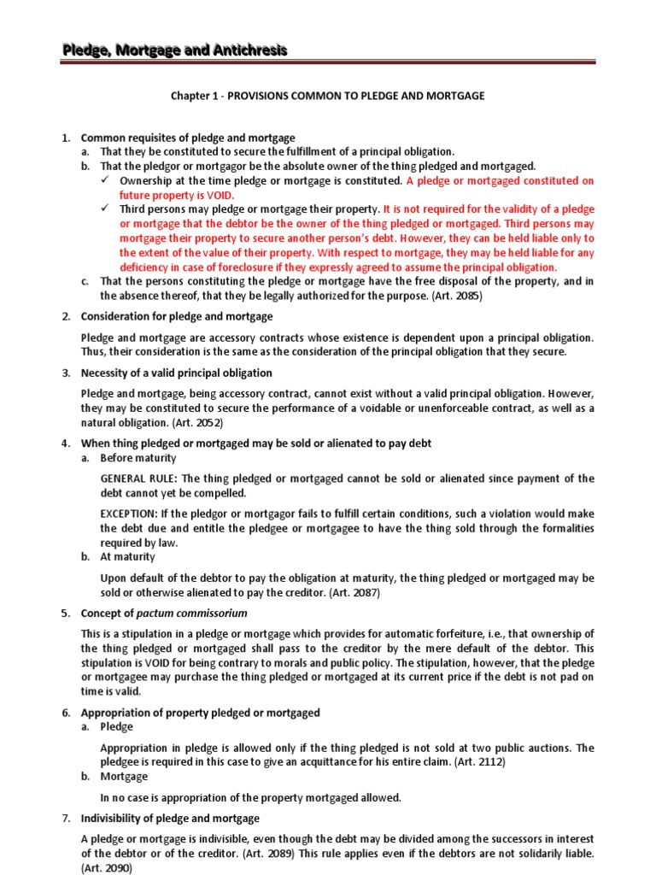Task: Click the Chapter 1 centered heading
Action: coord(328,96)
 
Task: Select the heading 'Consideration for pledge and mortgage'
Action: coord(177,317)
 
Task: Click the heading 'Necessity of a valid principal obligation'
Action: coord(176,373)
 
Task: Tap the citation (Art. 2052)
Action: coord(195,422)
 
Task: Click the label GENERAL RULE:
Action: coord(140,479)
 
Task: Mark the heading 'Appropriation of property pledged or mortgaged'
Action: coord(200,713)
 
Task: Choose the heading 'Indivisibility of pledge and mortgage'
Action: coord(170,819)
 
